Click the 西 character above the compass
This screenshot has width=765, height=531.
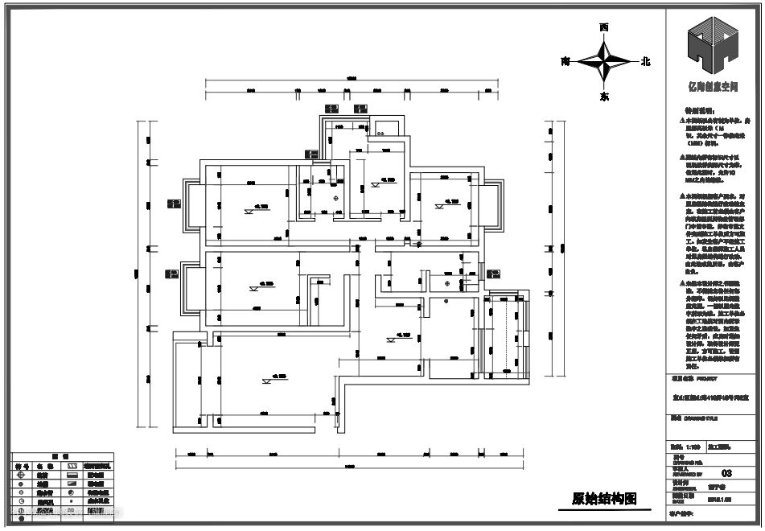click(x=604, y=27)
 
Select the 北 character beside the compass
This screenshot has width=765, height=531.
click(x=645, y=61)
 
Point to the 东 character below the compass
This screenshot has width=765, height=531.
click(x=604, y=96)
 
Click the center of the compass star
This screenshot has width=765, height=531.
click(x=605, y=61)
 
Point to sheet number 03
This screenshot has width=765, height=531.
click(x=727, y=474)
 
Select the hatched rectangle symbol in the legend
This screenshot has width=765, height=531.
click(x=72, y=465)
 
